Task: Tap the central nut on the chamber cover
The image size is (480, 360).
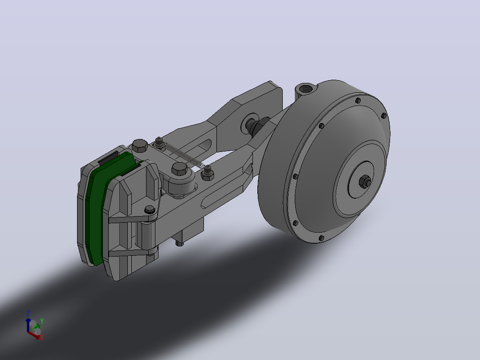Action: (x=365, y=181)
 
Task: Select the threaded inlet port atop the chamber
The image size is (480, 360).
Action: (x=305, y=89)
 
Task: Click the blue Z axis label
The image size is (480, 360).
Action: (x=28, y=313)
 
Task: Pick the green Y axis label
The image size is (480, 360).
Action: (x=42, y=321)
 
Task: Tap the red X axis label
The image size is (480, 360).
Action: (x=42, y=337)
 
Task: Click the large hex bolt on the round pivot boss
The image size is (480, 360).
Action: (x=179, y=169)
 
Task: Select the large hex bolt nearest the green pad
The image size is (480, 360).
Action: (x=140, y=146)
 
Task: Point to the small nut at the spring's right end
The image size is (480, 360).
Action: (x=207, y=174)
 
